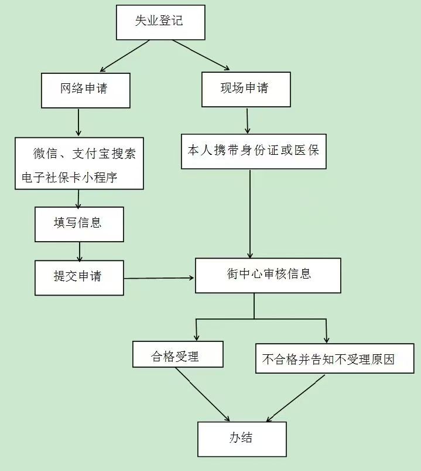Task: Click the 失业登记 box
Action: (160, 22)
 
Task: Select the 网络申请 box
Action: (85, 90)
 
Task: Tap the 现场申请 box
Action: (246, 89)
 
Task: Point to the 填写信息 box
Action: (79, 224)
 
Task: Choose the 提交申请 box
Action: (79, 277)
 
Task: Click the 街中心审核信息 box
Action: (268, 275)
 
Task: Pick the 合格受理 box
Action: (177, 355)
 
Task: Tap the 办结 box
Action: (242, 439)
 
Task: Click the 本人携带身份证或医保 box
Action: (254, 151)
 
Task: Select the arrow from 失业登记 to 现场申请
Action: (201, 55)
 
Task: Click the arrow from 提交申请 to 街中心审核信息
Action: (159, 278)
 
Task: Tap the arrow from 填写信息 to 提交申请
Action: (79, 251)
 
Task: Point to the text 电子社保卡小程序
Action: (69, 177)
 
